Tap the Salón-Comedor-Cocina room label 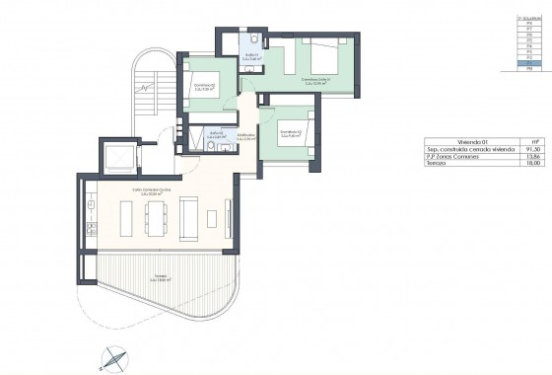152,191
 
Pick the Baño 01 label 253,55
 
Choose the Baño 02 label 216,133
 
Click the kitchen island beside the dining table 125,217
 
